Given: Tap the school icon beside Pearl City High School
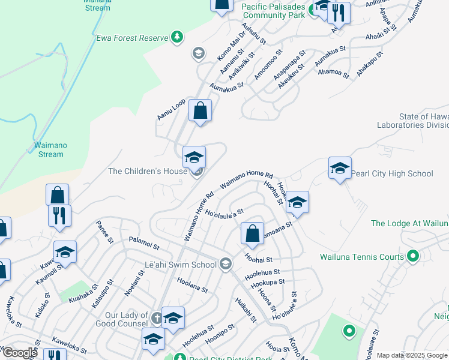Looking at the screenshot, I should point(339,169).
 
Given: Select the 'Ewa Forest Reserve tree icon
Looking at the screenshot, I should point(176,38).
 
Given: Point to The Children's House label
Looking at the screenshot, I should point(148,172).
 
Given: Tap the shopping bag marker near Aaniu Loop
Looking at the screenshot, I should point(200,111).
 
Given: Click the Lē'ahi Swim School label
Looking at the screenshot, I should point(180,265).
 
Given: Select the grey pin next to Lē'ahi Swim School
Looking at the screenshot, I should point(226,264).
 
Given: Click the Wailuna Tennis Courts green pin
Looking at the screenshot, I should point(412,257).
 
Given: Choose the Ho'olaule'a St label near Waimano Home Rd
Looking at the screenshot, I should point(224,212).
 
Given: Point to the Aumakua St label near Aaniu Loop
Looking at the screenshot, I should point(226,86).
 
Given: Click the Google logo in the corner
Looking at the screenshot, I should point(19,353).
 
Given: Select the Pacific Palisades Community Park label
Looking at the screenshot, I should point(273,11).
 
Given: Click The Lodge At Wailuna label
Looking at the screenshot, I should point(409,224).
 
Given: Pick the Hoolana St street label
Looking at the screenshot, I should point(192,285).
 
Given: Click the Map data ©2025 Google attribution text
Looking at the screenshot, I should point(412,356).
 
